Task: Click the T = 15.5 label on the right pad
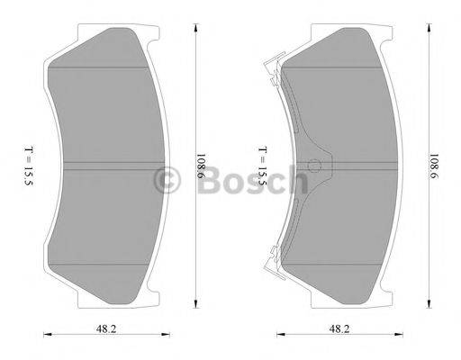click(x=262, y=166)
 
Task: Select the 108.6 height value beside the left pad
click(x=199, y=166)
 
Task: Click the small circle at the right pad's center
click(x=314, y=166)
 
